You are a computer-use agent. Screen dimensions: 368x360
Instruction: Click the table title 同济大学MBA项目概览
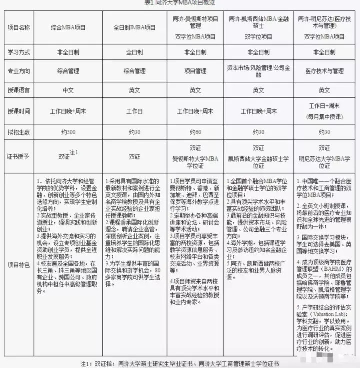179,2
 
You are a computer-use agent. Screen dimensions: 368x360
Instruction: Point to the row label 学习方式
19,52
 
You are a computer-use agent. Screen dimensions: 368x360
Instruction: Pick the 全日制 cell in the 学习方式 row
134,52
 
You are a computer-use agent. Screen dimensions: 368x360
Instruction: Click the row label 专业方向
19,71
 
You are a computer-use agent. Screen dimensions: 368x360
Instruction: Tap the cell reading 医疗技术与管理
324,71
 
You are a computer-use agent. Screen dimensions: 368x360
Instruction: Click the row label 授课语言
19,90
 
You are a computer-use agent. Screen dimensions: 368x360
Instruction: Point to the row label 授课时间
19,111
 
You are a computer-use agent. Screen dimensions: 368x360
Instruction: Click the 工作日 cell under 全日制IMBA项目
134,111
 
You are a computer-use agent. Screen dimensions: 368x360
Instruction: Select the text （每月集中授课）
324,116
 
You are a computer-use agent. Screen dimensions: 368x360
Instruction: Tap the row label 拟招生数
19,132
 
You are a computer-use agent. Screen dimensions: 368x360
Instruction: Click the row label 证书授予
19,156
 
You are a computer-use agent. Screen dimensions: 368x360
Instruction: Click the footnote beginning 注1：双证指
180,362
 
